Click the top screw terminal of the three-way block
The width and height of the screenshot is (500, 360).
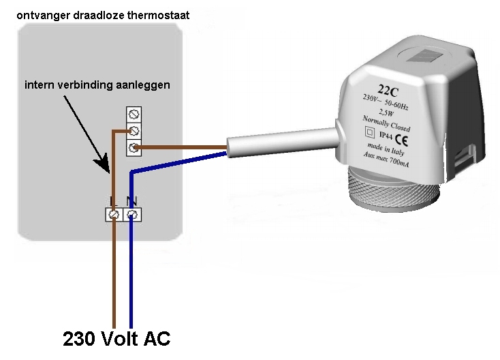(134, 115)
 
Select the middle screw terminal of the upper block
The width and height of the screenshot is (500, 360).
(134, 130)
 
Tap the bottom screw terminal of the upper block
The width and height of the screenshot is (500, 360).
(134, 146)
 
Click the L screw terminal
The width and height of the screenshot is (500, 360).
(114, 215)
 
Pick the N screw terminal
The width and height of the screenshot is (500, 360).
(131, 215)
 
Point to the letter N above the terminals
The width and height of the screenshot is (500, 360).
(131, 202)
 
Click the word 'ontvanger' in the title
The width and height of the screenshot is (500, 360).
(39, 13)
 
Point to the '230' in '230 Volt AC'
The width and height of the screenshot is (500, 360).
(80, 338)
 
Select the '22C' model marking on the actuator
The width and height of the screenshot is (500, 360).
(388, 89)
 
